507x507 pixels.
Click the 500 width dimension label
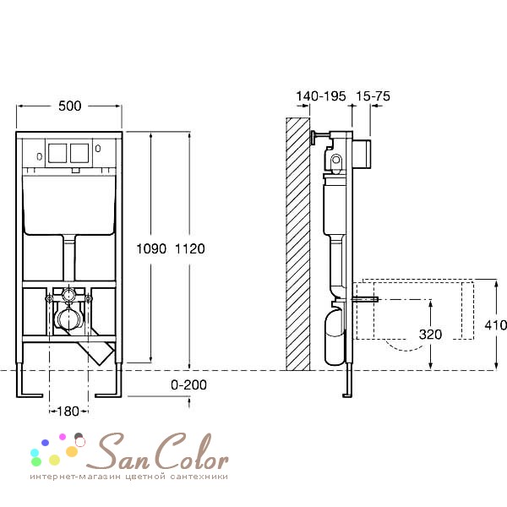pyautogui.click(x=70, y=106)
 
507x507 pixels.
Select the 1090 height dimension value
pyautogui.click(x=151, y=248)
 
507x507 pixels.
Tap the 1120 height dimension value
pyautogui.click(x=190, y=248)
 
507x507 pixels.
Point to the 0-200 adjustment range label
pyautogui.click(x=188, y=384)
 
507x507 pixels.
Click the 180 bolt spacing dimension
pyautogui.click(x=68, y=412)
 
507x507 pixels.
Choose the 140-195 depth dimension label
pyautogui.click(x=321, y=96)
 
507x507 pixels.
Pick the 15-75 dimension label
pyautogui.click(x=373, y=96)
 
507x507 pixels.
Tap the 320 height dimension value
pyautogui.click(x=430, y=335)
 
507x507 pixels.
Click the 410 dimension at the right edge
pyautogui.click(x=496, y=325)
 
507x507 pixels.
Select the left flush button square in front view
pyautogui.click(x=57, y=153)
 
